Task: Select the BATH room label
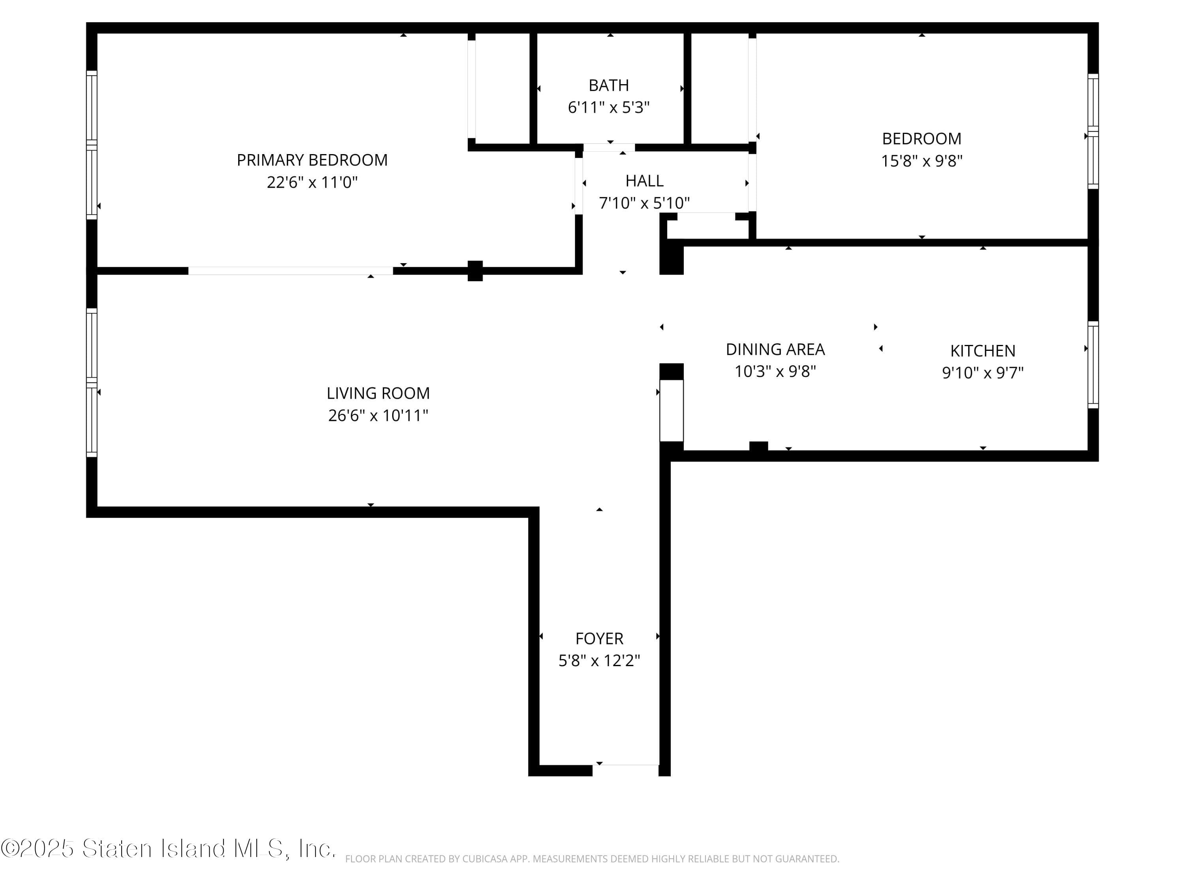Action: tap(609, 85)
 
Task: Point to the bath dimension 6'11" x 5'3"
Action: tap(609, 107)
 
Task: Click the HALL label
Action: tap(645, 181)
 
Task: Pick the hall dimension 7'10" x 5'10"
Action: tap(645, 203)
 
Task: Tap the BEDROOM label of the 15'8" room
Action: tap(922, 139)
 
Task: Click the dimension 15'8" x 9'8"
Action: tap(922, 161)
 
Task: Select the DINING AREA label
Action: tap(775, 349)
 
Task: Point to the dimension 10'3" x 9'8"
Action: tap(775, 371)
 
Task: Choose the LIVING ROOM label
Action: tap(378, 393)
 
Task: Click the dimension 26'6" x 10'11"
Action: tap(378, 415)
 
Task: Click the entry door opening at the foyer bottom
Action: tap(625, 770)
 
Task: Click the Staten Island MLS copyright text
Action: tap(168, 849)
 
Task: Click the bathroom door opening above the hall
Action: tap(609, 147)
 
